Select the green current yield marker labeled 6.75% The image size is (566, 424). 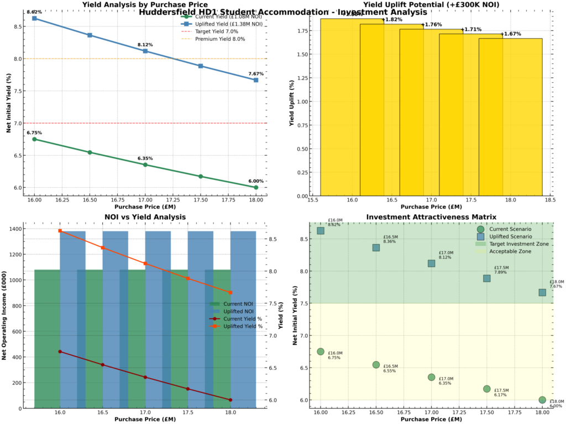coord(34,139)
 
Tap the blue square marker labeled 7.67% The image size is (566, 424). coord(256,80)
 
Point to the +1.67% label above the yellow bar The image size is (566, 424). coord(511,34)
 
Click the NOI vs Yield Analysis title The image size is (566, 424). coord(145,217)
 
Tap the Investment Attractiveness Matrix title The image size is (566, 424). coord(431,217)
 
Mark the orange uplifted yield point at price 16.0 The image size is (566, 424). coord(60,231)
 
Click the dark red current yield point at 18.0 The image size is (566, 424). coord(230,400)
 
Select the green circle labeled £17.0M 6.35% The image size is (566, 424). coord(431,377)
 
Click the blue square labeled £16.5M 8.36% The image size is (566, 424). coord(376,247)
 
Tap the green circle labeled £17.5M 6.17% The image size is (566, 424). coord(486,389)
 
